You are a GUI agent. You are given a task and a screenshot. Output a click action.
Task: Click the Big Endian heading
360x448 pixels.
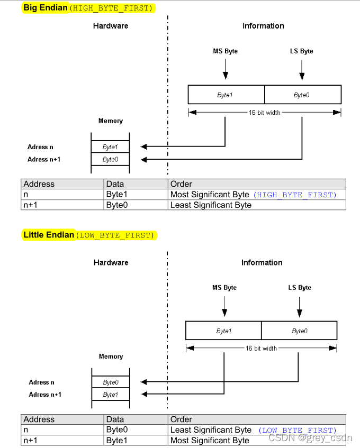46,8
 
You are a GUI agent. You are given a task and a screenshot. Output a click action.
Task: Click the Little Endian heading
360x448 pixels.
49,235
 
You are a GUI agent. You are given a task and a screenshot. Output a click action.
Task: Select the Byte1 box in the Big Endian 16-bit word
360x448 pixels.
226,95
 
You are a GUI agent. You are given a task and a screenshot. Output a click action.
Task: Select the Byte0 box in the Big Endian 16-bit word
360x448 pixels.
302,95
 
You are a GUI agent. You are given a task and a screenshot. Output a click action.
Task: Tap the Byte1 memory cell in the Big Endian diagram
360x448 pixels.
110,147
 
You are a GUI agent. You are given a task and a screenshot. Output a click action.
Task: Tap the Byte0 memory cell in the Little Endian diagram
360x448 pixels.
110,382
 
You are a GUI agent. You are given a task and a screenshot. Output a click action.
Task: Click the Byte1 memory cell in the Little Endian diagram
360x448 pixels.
110,395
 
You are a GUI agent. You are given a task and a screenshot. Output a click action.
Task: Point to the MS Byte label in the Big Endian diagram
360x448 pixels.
225,51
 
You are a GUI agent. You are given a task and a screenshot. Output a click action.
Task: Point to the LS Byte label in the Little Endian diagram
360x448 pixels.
300,288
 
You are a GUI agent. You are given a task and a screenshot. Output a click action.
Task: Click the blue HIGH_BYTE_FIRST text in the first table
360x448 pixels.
294,195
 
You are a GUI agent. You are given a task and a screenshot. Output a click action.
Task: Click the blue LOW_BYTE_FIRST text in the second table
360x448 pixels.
297,431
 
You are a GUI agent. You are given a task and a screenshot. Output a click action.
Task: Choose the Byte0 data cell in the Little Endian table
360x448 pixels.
117,430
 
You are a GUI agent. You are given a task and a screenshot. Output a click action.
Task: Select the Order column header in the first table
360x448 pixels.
181,184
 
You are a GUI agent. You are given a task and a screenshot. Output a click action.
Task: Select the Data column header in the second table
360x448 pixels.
115,419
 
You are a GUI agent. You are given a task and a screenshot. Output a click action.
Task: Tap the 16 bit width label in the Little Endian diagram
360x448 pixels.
261,349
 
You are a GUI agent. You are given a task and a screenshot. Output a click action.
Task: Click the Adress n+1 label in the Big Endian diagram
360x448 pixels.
44,159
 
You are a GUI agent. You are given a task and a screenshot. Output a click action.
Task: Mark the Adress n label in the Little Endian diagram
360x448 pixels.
42,382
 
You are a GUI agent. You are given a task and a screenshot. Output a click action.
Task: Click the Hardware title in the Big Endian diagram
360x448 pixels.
111,26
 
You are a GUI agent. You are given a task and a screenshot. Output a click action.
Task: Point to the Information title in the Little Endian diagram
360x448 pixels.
262,262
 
